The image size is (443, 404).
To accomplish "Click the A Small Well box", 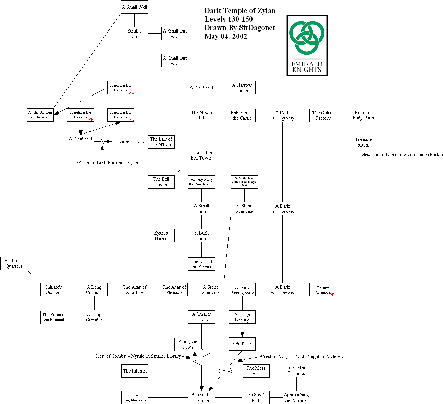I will [135, 7].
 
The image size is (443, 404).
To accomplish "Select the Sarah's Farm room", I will [134, 34].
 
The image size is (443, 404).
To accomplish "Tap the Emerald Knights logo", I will [307, 46].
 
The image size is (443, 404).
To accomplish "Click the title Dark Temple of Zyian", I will [240, 11].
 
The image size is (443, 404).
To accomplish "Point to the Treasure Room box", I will [364, 142].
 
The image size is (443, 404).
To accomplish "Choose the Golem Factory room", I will [323, 115].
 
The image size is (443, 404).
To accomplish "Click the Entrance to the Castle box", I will [242, 115].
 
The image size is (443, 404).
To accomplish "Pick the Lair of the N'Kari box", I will [161, 142].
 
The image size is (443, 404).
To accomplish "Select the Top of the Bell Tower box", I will [201, 155].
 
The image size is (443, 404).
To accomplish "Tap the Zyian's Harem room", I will [161, 236].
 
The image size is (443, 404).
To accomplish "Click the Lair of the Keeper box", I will [201, 264].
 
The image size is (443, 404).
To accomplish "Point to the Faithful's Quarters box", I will [14, 263].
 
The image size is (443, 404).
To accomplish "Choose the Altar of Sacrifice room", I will [134, 290].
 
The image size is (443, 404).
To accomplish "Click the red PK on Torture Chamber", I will [332, 295].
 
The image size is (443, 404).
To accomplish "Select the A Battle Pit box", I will [242, 344].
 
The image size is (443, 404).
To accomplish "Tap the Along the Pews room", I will [188, 344].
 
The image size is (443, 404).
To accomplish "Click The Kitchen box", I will [135, 371].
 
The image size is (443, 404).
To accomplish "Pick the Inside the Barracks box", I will [296, 370].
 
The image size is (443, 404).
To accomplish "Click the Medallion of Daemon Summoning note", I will [402, 154].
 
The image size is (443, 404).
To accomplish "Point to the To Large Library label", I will [128, 141].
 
